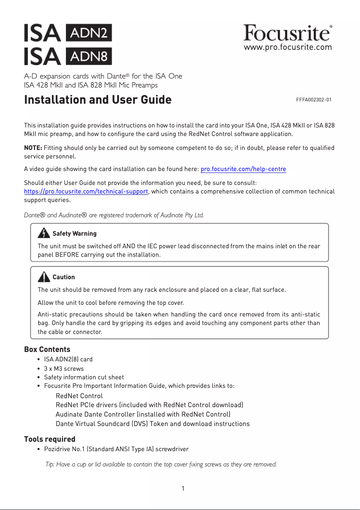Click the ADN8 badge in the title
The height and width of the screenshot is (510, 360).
click(x=89, y=56)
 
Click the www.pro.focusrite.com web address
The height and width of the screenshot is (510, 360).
click(x=288, y=47)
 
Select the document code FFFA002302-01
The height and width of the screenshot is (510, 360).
click(x=314, y=100)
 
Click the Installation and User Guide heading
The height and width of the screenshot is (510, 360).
click(x=98, y=100)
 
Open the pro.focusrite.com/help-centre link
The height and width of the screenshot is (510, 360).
click(x=243, y=169)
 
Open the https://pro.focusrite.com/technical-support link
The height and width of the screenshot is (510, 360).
click(x=86, y=191)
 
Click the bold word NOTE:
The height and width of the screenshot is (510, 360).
click(x=33, y=148)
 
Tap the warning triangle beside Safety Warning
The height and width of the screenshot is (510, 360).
click(x=44, y=233)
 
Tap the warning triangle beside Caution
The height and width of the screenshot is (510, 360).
click(x=44, y=276)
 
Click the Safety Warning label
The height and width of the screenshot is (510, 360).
click(x=75, y=233)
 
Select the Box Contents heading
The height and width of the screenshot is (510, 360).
click(x=47, y=349)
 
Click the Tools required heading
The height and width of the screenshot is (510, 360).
click(x=50, y=439)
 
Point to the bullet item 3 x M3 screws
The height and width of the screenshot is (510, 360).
click(x=64, y=369)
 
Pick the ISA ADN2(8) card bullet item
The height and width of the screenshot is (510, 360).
click(x=68, y=360)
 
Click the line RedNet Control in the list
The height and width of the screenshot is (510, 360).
click(x=79, y=396)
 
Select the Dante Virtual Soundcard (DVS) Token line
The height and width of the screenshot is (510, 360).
click(x=153, y=424)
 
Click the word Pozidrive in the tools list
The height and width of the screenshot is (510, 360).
click(x=57, y=449)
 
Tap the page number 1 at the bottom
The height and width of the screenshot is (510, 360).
click(x=183, y=488)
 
